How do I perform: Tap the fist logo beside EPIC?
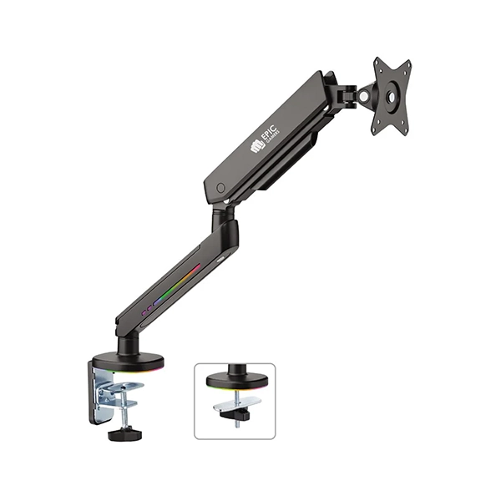click(x=258, y=147)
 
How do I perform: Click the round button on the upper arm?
click(x=221, y=188)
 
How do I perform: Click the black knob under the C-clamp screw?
click(x=124, y=433)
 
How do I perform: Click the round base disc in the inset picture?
click(x=236, y=382)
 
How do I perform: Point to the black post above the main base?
click(x=127, y=343)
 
